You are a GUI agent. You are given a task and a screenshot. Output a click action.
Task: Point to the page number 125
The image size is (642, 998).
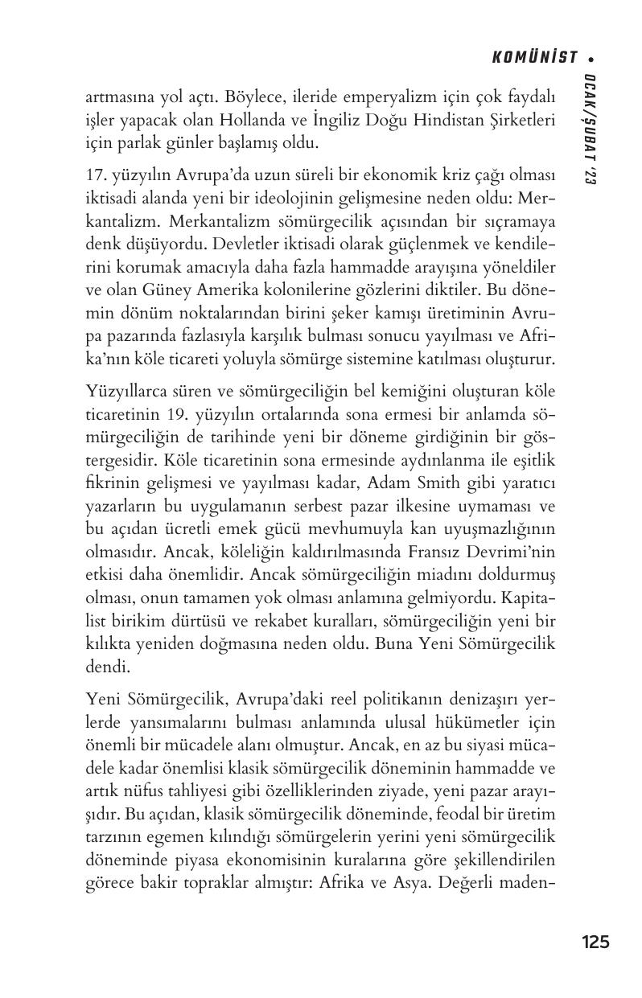click(595, 941)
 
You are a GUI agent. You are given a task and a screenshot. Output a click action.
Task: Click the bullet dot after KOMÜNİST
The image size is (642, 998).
click(591, 58)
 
